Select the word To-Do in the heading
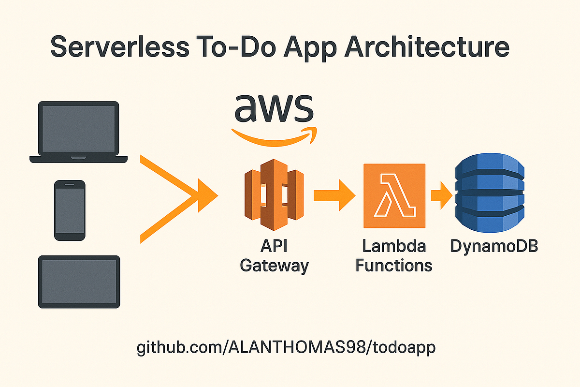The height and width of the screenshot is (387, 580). (x=232, y=49)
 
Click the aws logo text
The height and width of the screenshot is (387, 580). (x=274, y=109)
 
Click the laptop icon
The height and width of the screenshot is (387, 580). (x=78, y=132)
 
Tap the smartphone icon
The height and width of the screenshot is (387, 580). (x=70, y=210)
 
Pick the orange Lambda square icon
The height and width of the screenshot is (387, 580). (x=394, y=195)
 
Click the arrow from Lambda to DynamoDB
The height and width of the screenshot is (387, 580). (x=441, y=195)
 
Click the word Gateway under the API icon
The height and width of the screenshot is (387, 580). (x=274, y=266)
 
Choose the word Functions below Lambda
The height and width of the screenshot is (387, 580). (x=394, y=266)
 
